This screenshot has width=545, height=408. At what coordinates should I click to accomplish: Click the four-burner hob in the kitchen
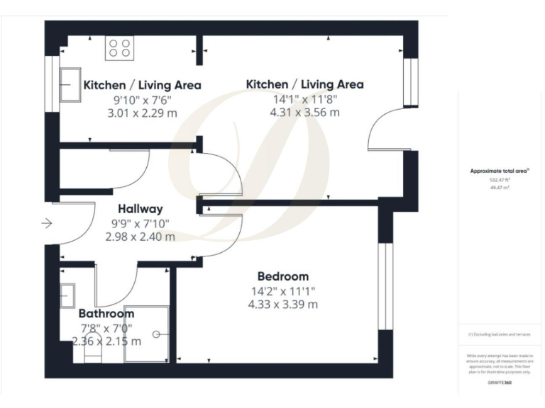click(x=119, y=47)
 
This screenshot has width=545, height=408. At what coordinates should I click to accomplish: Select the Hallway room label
click(x=140, y=209)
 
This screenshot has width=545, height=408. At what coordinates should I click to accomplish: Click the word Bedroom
click(x=282, y=276)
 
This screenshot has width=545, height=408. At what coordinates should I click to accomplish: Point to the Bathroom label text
click(x=106, y=313)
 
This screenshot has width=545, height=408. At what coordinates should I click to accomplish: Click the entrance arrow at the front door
click(x=47, y=224)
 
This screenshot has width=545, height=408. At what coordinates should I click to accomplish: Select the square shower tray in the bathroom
click(x=147, y=334)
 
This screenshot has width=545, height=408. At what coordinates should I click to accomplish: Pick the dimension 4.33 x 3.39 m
click(x=282, y=305)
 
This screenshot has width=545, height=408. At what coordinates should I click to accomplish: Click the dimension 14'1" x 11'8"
click(x=304, y=99)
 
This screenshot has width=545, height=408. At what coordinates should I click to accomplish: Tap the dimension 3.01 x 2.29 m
click(x=141, y=113)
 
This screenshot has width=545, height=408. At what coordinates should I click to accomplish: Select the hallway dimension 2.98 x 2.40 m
click(x=140, y=237)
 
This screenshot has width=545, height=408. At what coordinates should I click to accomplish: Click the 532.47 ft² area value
click(x=500, y=180)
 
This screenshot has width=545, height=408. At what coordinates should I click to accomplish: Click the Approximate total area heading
click(x=500, y=171)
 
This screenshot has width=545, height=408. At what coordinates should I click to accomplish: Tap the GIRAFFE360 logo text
click(x=500, y=382)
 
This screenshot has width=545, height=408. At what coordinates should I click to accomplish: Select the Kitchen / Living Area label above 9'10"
click(x=142, y=85)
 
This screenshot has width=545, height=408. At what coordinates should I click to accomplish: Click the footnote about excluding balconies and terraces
click(x=500, y=334)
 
